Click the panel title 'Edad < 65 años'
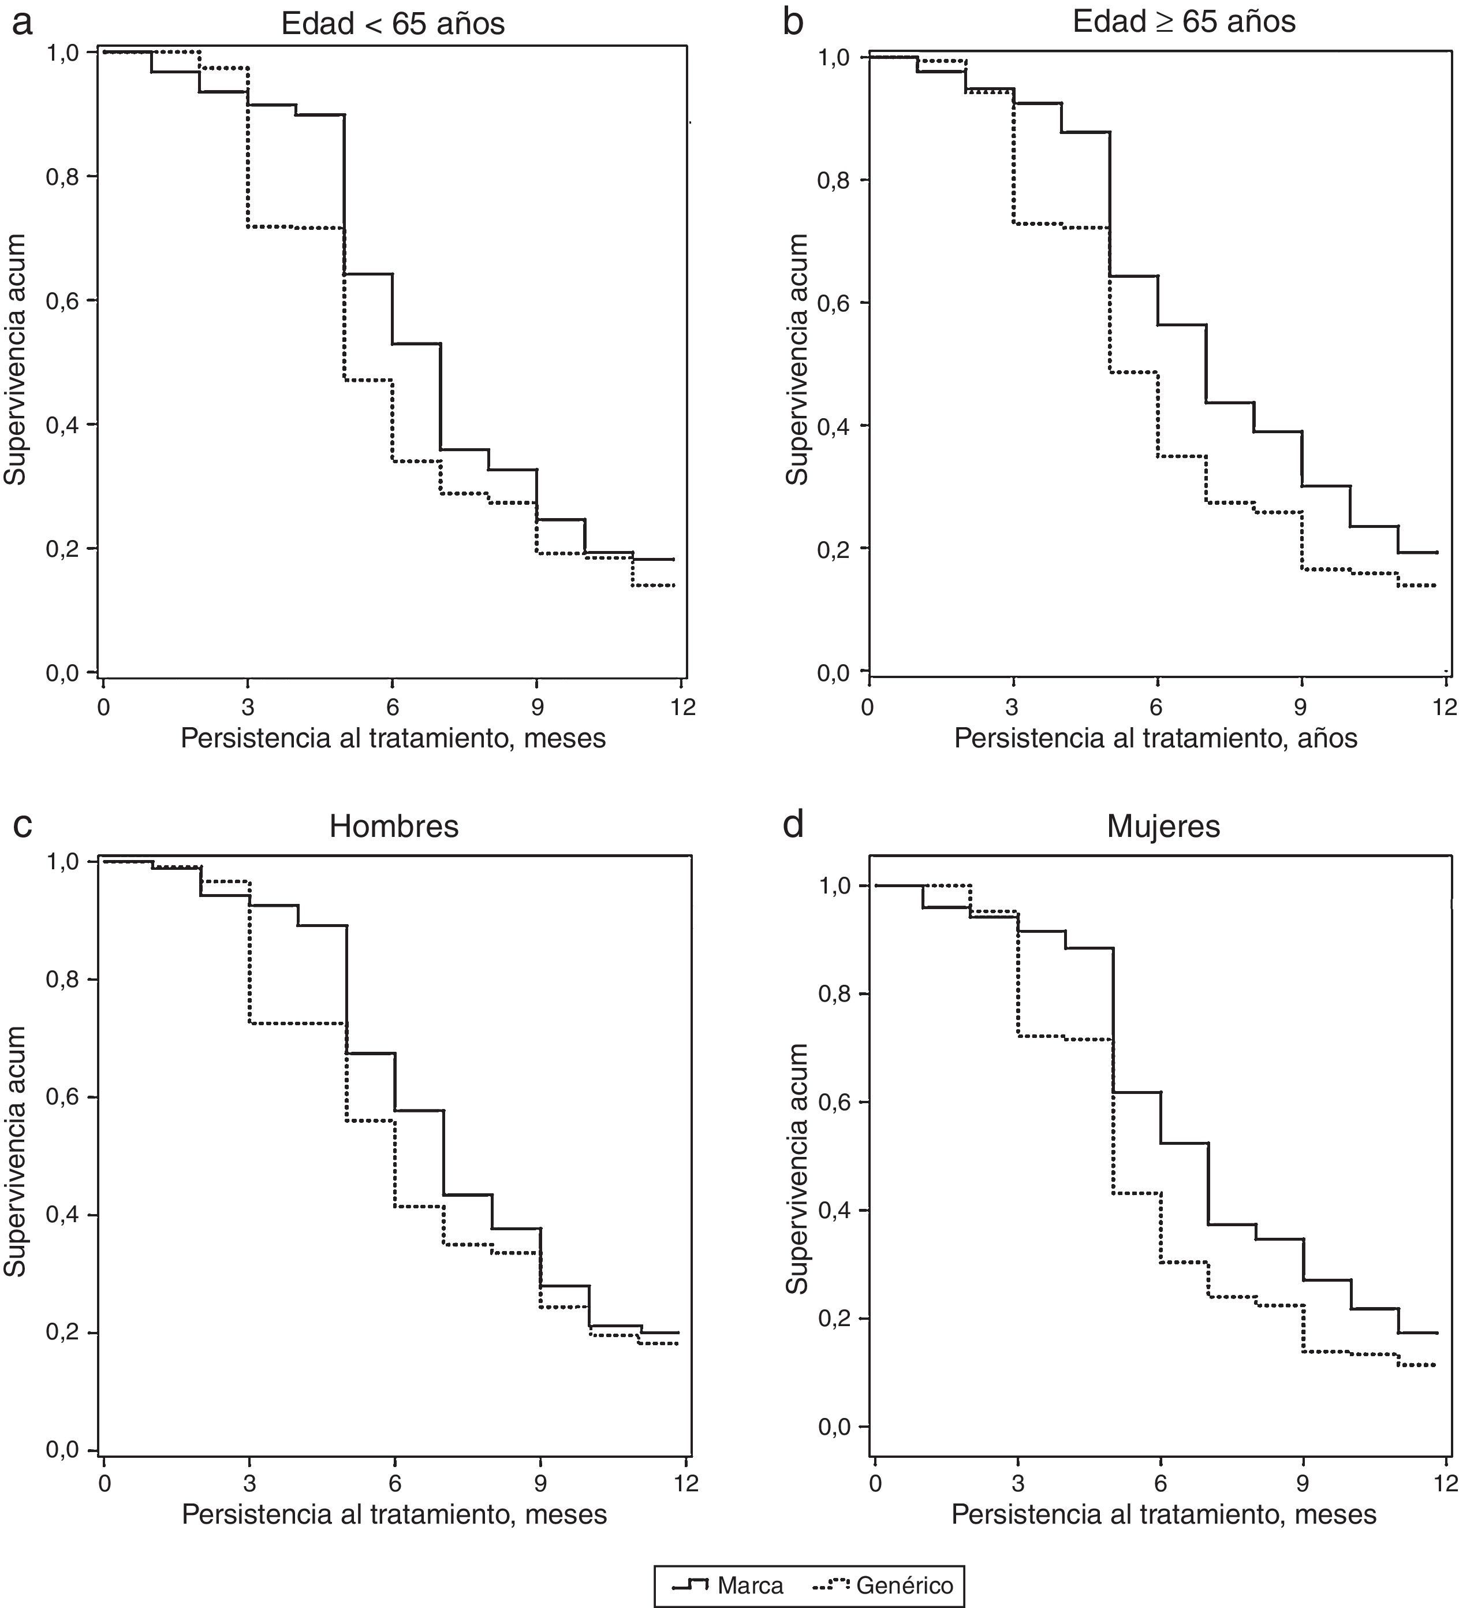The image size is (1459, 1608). pyautogui.click(x=393, y=24)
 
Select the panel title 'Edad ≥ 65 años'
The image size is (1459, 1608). pyautogui.click(x=1184, y=21)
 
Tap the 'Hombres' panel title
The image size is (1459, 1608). pyautogui.click(x=394, y=827)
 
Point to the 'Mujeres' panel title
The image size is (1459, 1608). pyautogui.click(x=1163, y=827)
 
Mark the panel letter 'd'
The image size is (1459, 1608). pyautogui.click(x=793, y=825)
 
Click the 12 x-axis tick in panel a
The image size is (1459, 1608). pyautogui.click(x=682, y=708)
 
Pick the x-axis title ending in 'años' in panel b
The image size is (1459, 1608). pyautogui.click(x=1155, y=738)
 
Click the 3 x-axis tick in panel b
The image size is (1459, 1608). pyautogui.click(x=1013, y=708)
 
